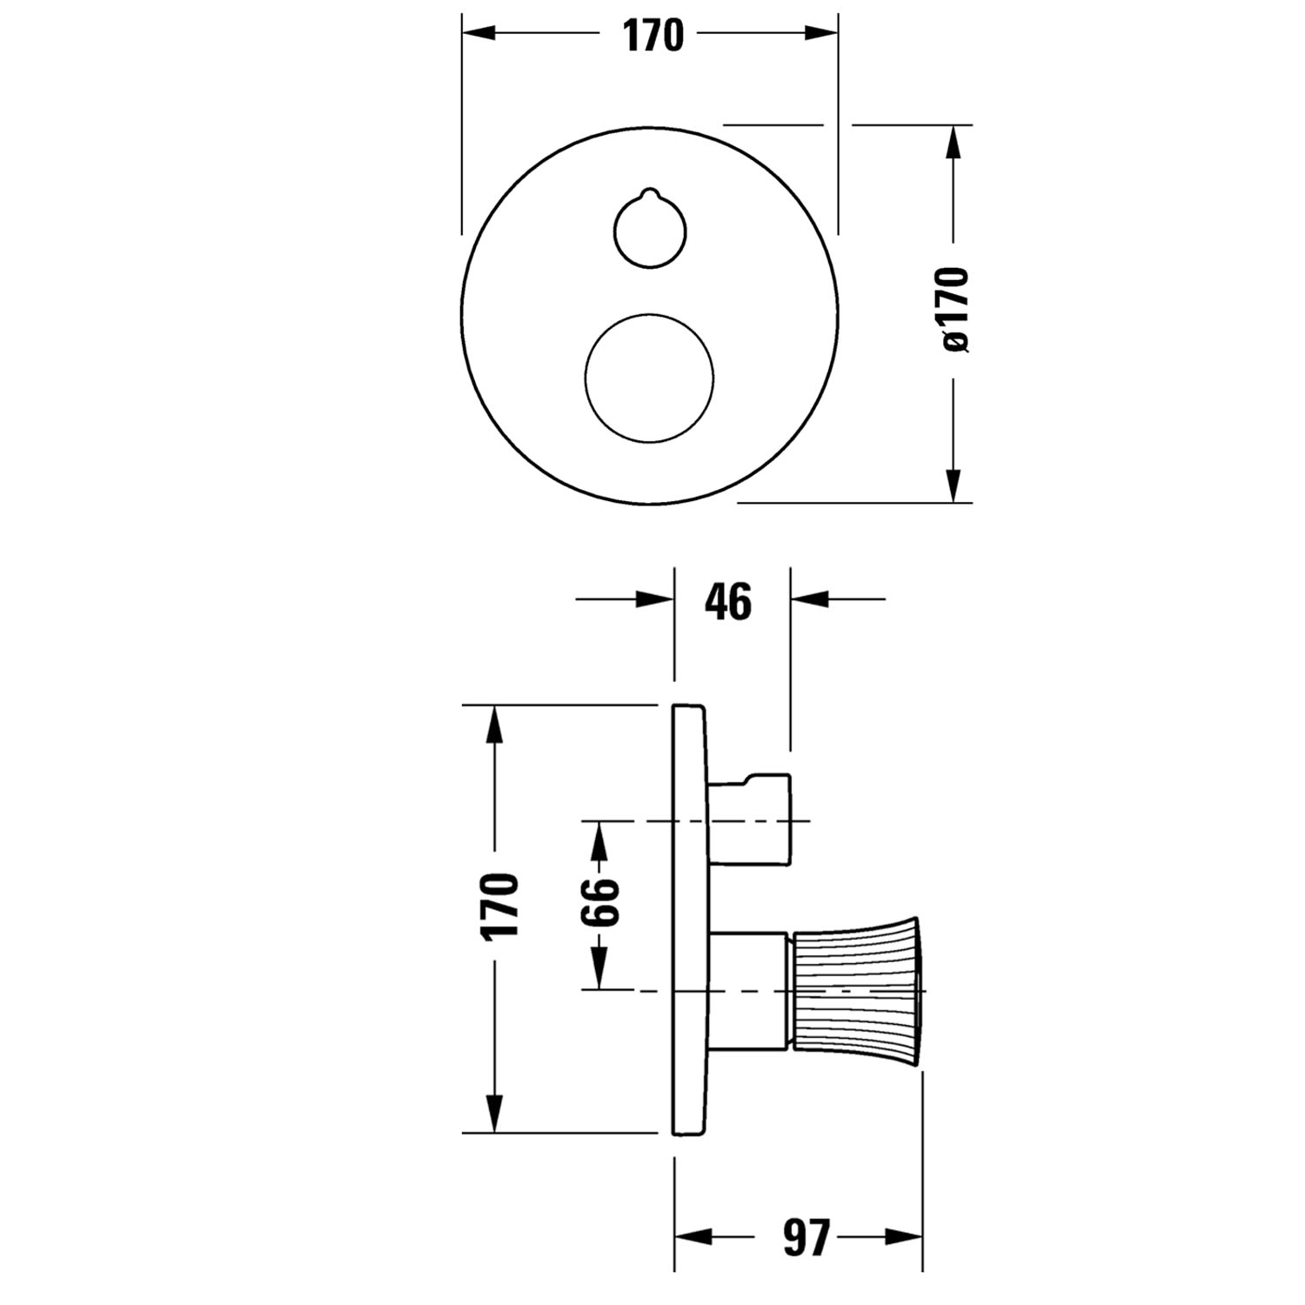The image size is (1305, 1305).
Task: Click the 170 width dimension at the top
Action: (652, 35)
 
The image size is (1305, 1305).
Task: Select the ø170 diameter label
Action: (954, 310)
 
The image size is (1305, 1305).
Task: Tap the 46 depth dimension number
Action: (728, 601)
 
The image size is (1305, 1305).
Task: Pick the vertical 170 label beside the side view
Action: (500, 905)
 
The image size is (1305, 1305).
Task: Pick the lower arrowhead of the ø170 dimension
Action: (954, 485)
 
